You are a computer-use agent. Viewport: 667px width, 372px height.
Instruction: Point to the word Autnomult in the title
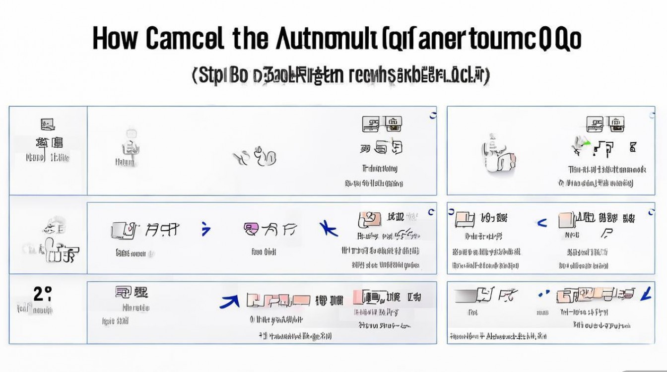(x=328, y=39)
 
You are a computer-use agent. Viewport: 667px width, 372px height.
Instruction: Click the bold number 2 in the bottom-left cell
(x=39, y=294)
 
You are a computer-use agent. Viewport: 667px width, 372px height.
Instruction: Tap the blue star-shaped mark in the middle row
(x=329, y=228)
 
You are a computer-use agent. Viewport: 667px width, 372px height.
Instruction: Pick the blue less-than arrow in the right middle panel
(x=541, y=223)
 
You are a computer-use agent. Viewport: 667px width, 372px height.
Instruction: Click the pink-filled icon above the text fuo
(x=252, y=229)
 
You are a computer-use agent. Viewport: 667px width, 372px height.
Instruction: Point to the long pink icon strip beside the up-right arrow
(x=278, y=300)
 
